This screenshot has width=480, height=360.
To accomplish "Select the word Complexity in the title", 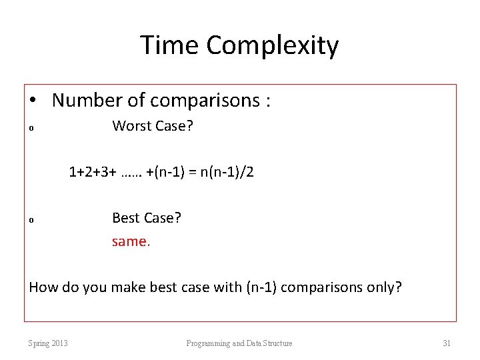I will coord(272,45).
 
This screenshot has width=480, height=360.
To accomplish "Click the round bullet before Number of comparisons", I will coord(33,101).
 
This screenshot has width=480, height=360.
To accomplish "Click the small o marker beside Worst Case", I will coord(31,129).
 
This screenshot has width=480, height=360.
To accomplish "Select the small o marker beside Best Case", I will coord(31,221).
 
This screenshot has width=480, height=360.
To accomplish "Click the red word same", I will coord(131,241).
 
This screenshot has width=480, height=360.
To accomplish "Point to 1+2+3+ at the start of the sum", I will coord(93,172).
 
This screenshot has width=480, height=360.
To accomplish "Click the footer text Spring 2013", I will coord(48,343).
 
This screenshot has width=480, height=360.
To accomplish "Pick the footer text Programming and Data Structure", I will coord(239,343).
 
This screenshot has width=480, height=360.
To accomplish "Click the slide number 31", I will coord(447,343).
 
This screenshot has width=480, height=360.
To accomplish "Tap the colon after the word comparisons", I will coord(267,101).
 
